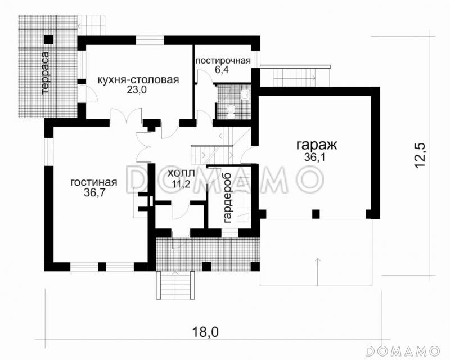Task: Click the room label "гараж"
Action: pos(316,145)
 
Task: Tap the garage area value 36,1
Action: pos(316,158)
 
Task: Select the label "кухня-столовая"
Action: pos(138,80)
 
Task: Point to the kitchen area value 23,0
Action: pos(137,92)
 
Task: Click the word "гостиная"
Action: pos(94,182)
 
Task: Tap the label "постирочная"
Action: pos(223,60)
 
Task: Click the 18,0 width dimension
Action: pos(206,332)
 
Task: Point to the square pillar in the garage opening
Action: pos(316,214)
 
